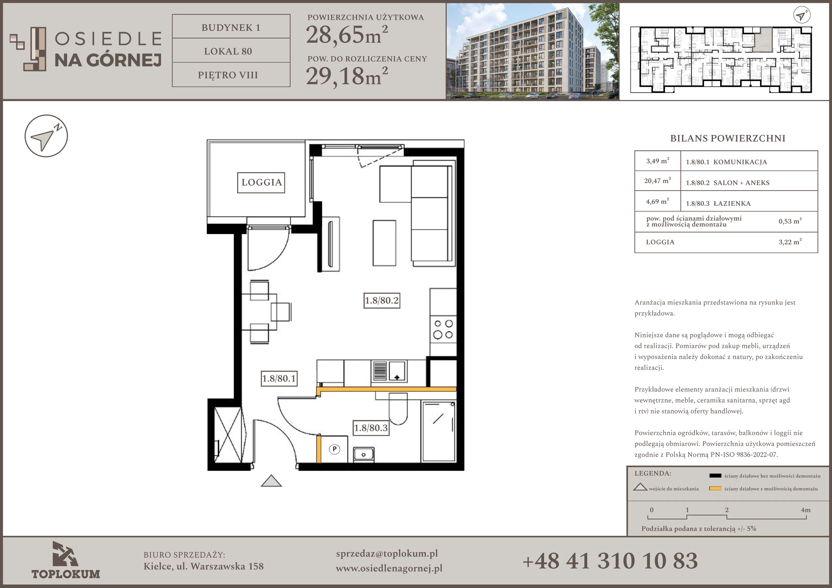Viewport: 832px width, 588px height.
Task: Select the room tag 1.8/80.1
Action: pyautogui.click(x=279, y=378)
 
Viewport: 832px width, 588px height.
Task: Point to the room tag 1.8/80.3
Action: pyautogui.click(x=371, y=428)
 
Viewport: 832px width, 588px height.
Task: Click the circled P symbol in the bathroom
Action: pyautogui.click(x=334, y=449)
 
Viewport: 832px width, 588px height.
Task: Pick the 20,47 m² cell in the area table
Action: pyautogui.click(x=657, y=180)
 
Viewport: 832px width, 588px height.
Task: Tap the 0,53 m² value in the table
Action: pyautogui.click(x=790, y=221)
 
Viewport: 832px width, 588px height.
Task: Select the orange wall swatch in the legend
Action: pyautogui.click(x=715, y=488)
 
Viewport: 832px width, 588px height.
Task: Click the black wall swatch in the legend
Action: pyautogui.click(x=715, y=476)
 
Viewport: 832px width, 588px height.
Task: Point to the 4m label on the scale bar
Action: pyautogui.click(x=805, y=510)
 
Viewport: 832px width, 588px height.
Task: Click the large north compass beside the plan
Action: pyautogui.click(x=46, y=136)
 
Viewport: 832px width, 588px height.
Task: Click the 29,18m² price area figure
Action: pyautogui.click(x=347, y=76)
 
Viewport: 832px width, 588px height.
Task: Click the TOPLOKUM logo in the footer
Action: pyautogui.click(x=66, y=560)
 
